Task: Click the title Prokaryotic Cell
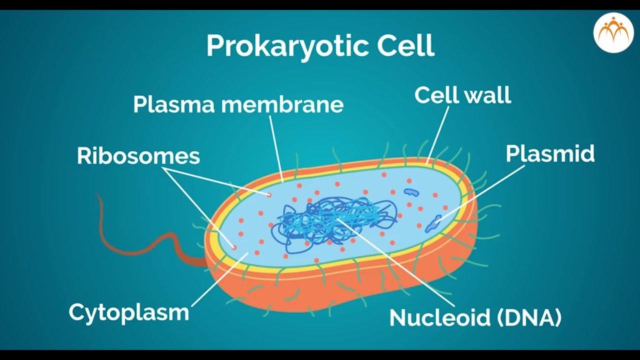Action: coord(320,46)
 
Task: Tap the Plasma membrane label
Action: coord(238,104)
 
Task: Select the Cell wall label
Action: coord(462,95)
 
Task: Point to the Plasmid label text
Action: coord(550,154)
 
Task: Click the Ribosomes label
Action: coord(138,156)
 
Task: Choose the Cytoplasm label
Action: coord(129,312)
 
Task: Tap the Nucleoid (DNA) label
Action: coord(475,317)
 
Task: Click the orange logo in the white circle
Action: coord(613,32)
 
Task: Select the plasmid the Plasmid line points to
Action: coord(433,224)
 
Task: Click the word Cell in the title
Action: coord(405,46)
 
